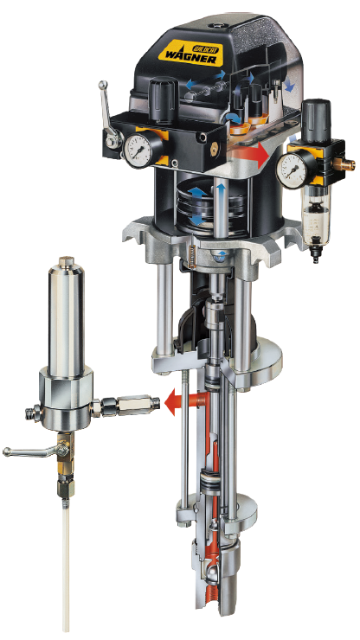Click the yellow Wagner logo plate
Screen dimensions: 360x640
194,52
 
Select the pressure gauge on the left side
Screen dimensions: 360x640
138,151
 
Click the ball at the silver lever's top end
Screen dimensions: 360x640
103,85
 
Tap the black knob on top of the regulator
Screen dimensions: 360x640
316,116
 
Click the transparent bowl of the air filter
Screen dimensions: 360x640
316,221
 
